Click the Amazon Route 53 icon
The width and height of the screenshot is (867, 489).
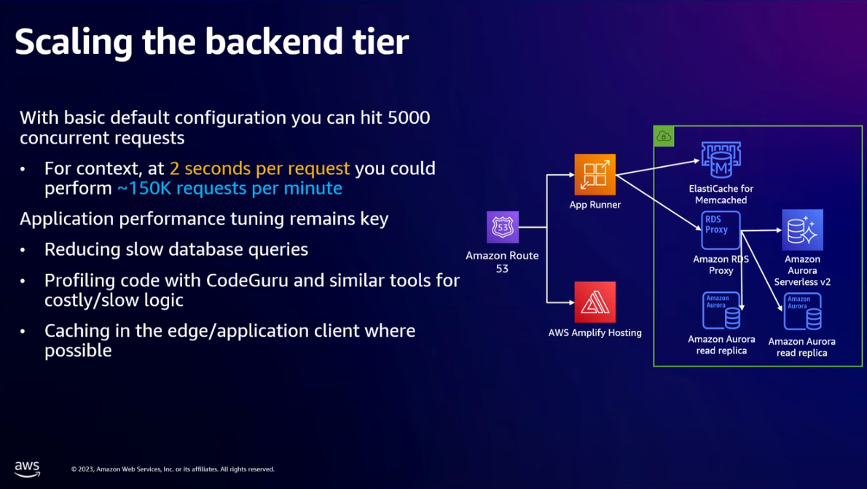click(x=503, y=227)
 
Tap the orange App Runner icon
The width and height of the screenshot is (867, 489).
click(x=595, y=175)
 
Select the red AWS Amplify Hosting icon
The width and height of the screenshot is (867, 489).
click(x=595, y=302)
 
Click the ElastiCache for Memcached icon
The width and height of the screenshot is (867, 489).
click(x=721, y=160)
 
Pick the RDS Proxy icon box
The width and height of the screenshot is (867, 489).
click(x=721, y=230)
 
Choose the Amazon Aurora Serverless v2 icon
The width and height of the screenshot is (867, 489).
click(x=802, y=230)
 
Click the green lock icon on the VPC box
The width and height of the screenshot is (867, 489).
click(x=664, y=136)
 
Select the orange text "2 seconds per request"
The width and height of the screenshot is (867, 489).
click(x=259, y=168)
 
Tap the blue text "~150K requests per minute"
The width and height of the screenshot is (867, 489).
click(x=229, y=188)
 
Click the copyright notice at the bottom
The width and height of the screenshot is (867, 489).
click(x=173, y=469)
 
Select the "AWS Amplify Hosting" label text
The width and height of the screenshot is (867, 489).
click(x=595, y=333)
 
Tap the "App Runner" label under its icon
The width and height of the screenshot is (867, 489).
click(x=595, y=205)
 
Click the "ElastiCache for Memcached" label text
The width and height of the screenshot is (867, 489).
click(x=721, y=194)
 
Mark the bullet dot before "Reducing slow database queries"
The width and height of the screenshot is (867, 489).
click(x=24, y=250)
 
